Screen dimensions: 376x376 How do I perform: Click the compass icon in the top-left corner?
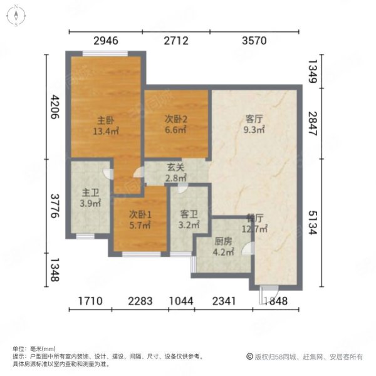coord(16,16)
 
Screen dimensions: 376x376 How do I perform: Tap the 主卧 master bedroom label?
coord(106,120)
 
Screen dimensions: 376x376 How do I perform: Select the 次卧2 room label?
coord(176,119)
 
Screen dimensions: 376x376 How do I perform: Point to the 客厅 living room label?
coord(254,118)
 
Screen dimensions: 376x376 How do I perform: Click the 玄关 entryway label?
coord(175,167)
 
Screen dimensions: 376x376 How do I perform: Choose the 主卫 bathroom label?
coord(90,192)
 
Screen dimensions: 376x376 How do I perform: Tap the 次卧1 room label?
coord(140,214)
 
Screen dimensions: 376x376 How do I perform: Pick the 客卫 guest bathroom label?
coord(189,214)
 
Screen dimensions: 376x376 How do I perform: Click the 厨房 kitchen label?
coord(223,241)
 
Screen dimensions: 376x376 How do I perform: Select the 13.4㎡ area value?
coord(106,131)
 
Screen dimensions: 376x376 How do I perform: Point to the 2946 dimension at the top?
coord(106,41)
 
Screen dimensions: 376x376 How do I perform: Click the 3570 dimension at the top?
coord(254,41)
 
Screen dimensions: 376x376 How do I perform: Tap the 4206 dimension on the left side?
coord(55,107)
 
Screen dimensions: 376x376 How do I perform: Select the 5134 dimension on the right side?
coord(313,222)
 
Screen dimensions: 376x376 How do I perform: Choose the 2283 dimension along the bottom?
coord(140,301)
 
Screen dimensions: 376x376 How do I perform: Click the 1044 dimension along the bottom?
coord(181,301)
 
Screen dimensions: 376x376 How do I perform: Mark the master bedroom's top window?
coord(105,54)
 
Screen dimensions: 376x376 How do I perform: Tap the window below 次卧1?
coord(142,254)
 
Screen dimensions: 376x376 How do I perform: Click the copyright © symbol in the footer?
coord(249,357)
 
